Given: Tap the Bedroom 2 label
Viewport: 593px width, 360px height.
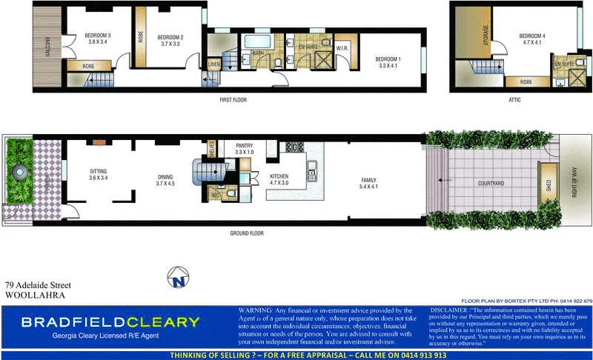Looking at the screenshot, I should coord(170,37).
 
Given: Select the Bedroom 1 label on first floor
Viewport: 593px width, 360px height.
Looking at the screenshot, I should coord(388,59).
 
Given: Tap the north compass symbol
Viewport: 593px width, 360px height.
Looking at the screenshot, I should coord(177,278).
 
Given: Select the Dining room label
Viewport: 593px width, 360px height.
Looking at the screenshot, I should coord(165,177).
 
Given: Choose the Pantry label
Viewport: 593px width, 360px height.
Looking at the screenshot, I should coord(245,146).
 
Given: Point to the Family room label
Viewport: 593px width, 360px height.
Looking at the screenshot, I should coord(368,180).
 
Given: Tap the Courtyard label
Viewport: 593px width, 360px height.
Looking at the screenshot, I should coord(491,183).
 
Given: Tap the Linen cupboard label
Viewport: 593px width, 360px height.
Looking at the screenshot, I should coord(213,65).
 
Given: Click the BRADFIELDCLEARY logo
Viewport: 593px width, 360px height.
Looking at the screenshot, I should coord(110,322).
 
